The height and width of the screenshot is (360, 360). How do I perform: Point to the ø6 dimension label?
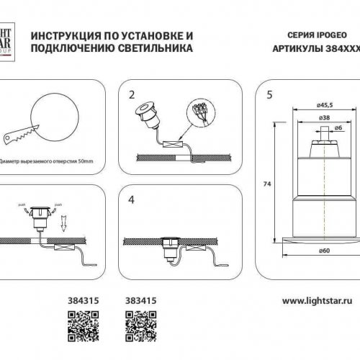pos(338,127)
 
